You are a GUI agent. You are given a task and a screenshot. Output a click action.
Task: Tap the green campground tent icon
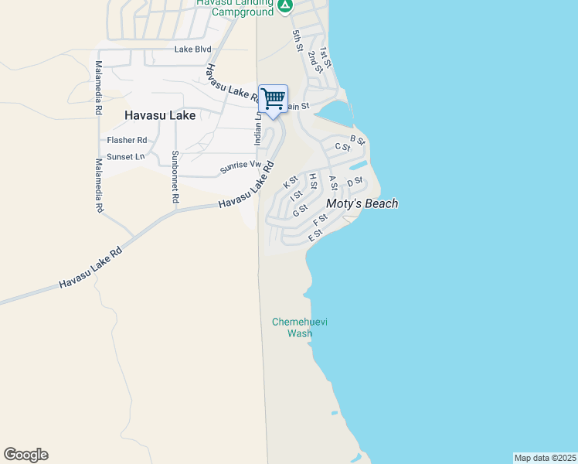(285, 7)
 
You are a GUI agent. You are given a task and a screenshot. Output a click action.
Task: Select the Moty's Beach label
(362, 204)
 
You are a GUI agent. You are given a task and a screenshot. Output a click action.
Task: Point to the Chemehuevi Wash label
(299, 328)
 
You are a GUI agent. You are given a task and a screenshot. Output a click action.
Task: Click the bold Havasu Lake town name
(160, 115)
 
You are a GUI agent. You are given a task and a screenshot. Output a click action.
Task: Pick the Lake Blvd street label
(192, 49)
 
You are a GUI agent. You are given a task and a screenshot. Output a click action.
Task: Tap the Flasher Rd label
(127, 140)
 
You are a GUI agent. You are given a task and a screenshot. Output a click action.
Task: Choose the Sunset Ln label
(126, 157)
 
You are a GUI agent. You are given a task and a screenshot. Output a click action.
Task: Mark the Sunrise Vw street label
(240, 165)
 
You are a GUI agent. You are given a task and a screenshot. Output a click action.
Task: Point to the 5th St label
(297, 41)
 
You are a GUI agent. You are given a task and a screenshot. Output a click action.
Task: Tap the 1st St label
(325, 57)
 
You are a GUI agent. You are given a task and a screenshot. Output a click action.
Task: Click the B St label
(357, 139)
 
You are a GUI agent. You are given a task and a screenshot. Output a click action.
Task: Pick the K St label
(291, 183)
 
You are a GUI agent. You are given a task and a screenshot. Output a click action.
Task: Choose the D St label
(355, 183)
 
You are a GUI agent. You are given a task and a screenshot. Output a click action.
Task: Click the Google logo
(25, 455)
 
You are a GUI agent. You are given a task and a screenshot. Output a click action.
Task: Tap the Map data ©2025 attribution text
(545, 458)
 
